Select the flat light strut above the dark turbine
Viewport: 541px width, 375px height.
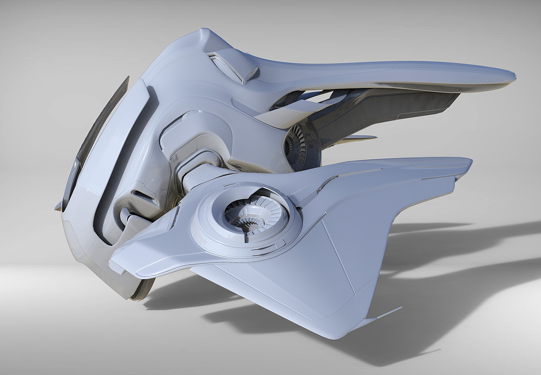pyautogui.click(x=291, y=115)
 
